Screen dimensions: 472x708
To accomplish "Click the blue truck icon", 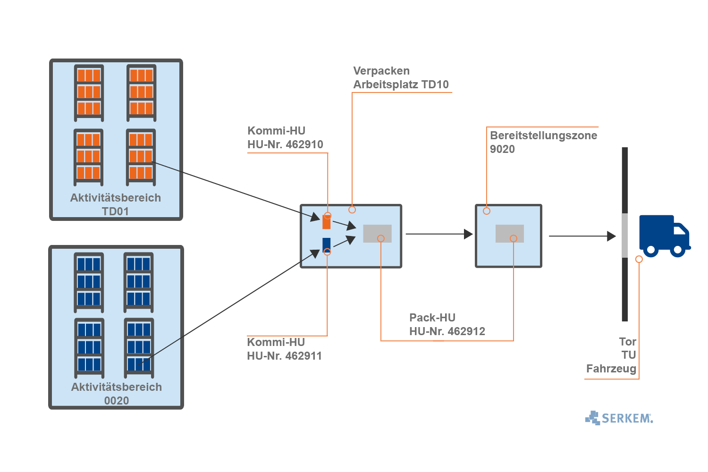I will [663, 236].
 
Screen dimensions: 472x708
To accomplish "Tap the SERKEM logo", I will [619, 418].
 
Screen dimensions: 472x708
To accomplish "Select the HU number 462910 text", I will [285, 144].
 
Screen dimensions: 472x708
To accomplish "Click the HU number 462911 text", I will [284, 356].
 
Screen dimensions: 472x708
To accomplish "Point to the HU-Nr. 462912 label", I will [447, 331].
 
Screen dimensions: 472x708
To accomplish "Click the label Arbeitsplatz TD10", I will [401, 84].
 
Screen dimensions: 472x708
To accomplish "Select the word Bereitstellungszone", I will [543, 135].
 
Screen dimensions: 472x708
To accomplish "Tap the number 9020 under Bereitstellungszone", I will [502, 149].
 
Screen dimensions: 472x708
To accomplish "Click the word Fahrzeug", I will [611, 369].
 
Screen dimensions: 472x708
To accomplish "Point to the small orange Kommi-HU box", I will [326, 222].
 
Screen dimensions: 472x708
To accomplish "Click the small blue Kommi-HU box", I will [326, 244].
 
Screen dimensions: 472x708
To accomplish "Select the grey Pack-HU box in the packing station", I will [377, 233].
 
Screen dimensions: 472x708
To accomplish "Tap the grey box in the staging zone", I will [509, 233].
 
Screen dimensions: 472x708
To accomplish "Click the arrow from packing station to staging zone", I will [438, 234].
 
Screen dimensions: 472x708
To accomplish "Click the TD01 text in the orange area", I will [115, 211].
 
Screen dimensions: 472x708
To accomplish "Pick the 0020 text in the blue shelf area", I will [116, 401].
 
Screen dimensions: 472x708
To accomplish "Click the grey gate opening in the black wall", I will [624, 235].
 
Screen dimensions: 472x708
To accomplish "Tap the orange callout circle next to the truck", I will [639, 259].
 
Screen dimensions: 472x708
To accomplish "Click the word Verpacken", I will [381, 71].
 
